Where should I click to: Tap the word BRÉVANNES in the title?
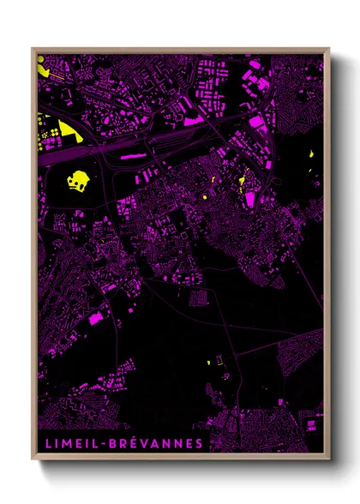point(153,443)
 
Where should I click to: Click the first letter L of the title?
point(44,443)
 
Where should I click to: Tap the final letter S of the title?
point(201,443)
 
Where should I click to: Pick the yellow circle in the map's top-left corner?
point(40,60)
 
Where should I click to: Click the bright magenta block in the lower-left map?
point(94,319)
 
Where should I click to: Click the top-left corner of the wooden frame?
point(33,49)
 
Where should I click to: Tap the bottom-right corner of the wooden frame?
point(329,460)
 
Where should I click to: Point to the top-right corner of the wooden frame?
point(329,49)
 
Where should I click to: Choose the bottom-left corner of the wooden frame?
point(33,460)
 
